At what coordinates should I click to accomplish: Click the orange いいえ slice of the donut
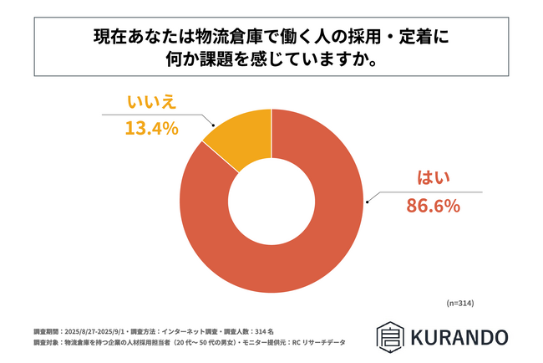(x=237, y=146)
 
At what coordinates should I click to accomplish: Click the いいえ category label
(x=153, y=104)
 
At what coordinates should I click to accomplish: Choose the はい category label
(x=433, y=177)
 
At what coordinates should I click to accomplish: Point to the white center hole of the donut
(x=271, y=202)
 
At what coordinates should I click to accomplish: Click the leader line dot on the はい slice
(x=365, y=202)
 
